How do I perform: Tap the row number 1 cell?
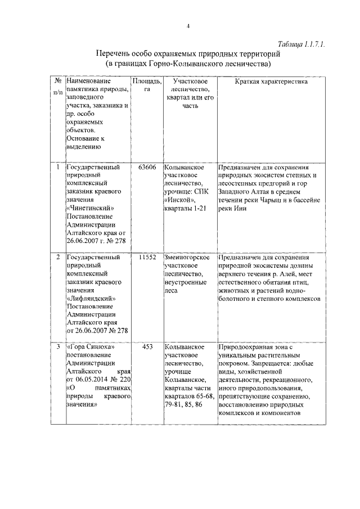pyautogui.click(x=58, y=168)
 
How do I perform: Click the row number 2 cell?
pyautogui.click(x=58, y=257)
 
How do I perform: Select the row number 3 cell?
pyautogui.click(x=58, y=347)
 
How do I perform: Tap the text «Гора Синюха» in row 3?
pyautogui.click(x=91, y=347)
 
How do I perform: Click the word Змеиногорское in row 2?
pyautogui.click(x=187, y=257)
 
